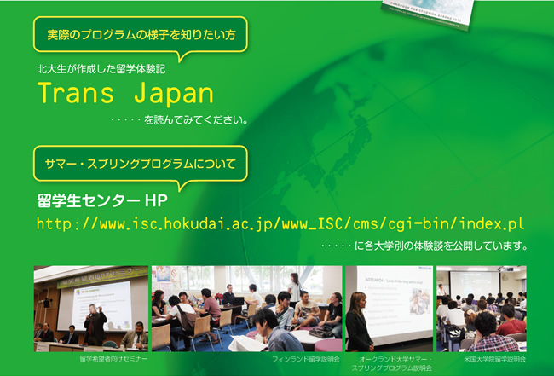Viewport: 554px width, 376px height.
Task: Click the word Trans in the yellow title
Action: point(75,93)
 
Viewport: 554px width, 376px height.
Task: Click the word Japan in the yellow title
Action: point(174,94)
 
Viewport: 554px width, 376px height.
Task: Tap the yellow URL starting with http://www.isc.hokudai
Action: point(280,223)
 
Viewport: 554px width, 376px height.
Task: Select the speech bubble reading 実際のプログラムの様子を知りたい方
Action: point(141,38)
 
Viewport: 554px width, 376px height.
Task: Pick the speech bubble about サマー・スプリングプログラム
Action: point(141,167)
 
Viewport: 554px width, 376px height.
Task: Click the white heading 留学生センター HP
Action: point(102,200)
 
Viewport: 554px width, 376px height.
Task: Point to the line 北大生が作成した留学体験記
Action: point(101,69)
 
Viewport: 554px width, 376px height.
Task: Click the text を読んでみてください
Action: point(196,120)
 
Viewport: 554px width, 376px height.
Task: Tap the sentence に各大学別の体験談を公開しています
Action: point(441,246)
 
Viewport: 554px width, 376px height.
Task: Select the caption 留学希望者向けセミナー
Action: point(113,359)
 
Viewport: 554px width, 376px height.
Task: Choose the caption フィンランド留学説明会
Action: point(306,359)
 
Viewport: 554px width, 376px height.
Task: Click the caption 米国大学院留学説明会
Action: point(494,359)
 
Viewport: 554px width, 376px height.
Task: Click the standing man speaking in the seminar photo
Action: point(95,324)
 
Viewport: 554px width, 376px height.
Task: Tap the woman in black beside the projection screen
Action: point(360,321)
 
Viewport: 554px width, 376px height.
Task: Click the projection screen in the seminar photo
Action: point(101,304)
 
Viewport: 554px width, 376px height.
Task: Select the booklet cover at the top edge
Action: point(429,14)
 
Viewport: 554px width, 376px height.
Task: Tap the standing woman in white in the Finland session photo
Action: point(294,287)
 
